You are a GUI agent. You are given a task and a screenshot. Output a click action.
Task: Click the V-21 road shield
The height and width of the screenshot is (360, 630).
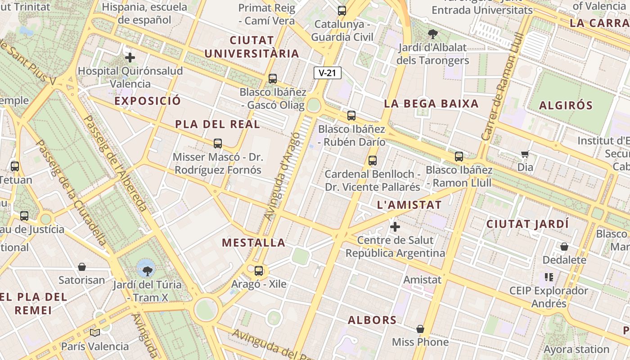[x=328, y=73]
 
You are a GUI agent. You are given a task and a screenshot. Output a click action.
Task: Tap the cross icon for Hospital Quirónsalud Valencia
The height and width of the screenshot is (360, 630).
[x=130, y=58]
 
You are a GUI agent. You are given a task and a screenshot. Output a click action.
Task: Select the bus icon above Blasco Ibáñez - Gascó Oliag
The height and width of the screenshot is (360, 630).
[x=273, y=79]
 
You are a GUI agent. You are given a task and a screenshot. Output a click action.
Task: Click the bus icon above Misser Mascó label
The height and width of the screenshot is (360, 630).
[x=218, y=144]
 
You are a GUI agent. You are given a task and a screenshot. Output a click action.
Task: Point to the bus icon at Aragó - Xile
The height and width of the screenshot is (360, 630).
[x=259, y=271]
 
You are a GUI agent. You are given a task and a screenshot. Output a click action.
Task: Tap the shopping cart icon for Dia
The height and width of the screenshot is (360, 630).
[x=525, y=154]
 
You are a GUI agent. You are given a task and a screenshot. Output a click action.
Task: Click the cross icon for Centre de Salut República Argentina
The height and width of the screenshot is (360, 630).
[x=395, y=227]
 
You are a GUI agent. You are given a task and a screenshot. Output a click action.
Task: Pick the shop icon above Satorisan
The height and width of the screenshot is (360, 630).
[x=82, y=267]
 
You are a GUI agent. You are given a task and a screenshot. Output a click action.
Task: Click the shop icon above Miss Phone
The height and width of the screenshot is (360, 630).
[x=420, y=329]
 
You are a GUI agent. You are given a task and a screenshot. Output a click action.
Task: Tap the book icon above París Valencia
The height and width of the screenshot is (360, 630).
[x=95, y=333]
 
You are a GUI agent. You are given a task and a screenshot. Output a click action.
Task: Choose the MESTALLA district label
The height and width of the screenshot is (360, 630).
[x=254, y=243]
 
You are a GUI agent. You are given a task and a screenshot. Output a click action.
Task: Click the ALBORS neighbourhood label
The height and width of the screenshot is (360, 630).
[x=372, y=320]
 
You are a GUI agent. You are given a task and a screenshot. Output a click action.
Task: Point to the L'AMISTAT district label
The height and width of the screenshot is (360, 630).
[x=409, y=205]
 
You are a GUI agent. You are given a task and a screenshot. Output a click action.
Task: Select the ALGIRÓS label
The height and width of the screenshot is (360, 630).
[x=566, y=106]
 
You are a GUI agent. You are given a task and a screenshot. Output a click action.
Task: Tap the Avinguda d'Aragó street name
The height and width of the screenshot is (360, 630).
[x=282, y=176]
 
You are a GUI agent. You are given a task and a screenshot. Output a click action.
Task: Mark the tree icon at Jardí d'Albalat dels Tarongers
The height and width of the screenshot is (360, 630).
[x=433, y=34]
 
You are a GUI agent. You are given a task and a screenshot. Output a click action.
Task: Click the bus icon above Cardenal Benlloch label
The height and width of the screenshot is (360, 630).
[x=372, y=161]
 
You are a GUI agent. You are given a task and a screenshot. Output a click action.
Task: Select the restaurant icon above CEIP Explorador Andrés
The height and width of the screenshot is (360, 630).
[x=549, y=277]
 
